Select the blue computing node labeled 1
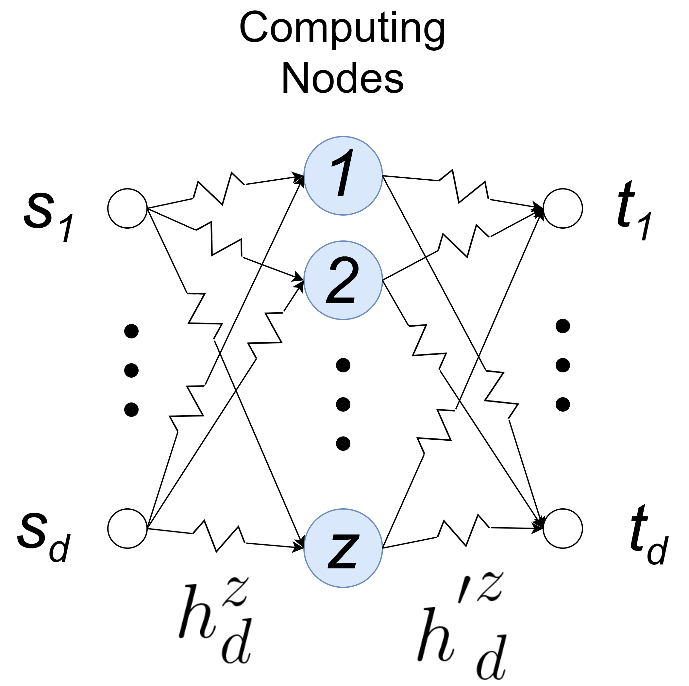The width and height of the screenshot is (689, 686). (x=344, y=176)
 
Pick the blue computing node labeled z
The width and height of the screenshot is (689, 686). (x=344, y=548)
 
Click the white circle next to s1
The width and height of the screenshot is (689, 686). (x=128, y=208)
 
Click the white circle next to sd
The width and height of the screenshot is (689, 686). (x=128, y=529)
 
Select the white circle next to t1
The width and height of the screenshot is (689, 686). (x=563, y=208)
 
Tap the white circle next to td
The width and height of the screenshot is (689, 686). (x=563, y=529)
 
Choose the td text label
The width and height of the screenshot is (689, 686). (x=647, y=534)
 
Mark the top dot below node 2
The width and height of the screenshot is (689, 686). (x=344, y=365)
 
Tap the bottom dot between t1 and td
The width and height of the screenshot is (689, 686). (x=563, y=404)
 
